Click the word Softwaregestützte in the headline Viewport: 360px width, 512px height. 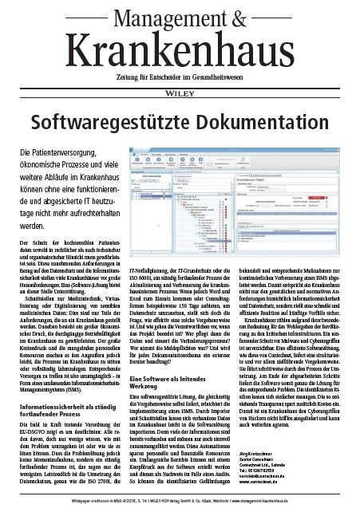click(x=108, y=122)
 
